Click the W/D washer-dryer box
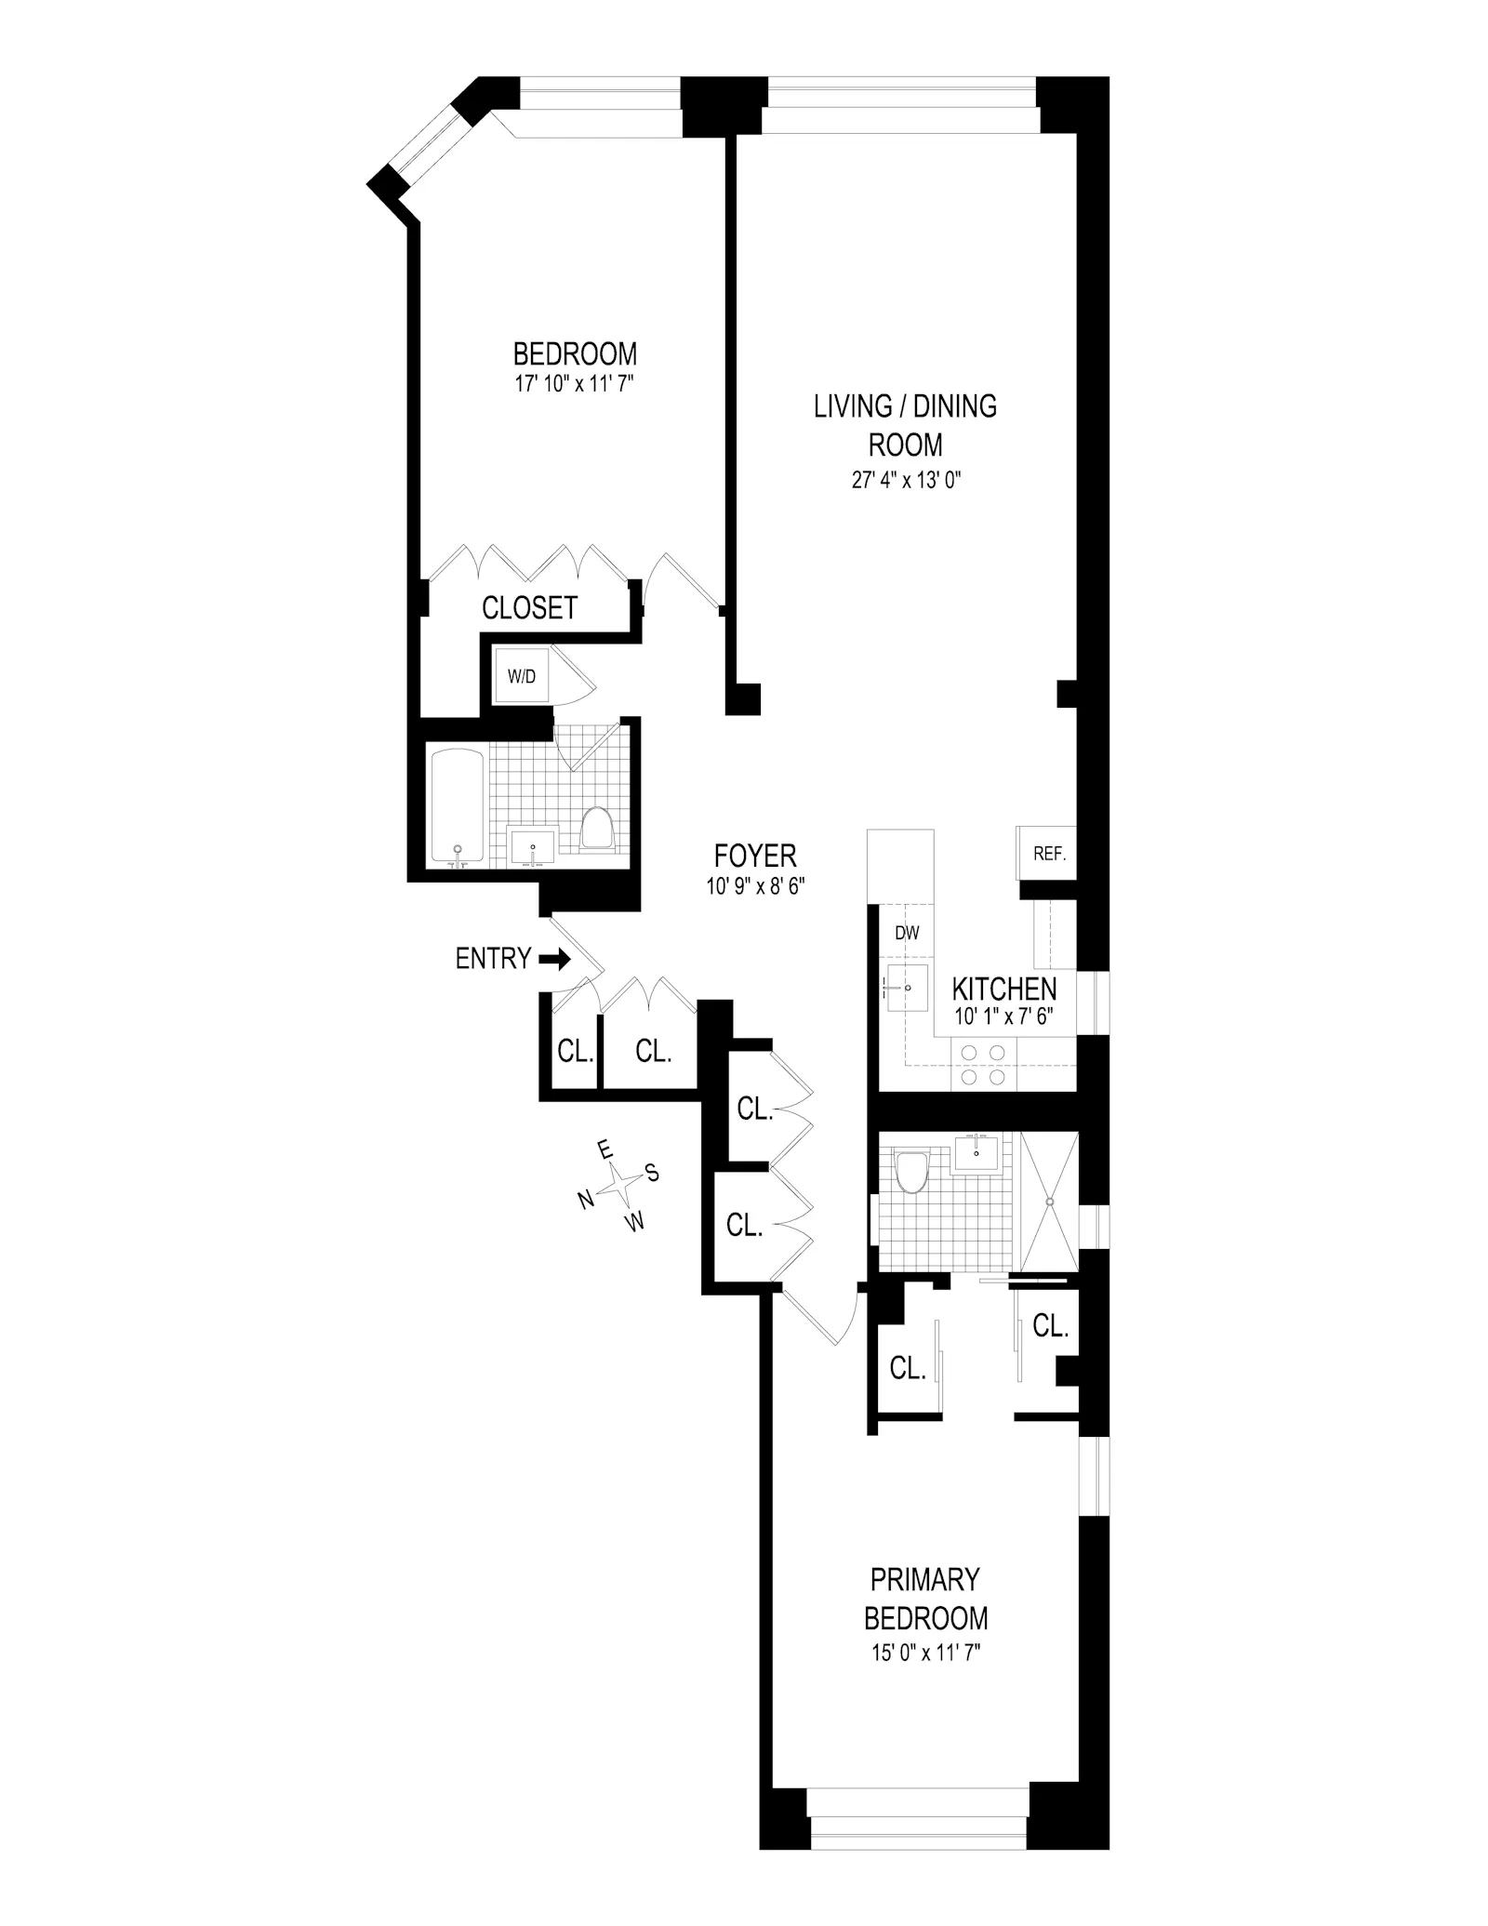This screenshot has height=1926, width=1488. pos(522,676)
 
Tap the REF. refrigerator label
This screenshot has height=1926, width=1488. pos(1049,853)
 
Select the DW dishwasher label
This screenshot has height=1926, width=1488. pos(907,933)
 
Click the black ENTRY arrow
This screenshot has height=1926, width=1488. pos(555,959)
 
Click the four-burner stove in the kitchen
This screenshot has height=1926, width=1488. pos(983,1064)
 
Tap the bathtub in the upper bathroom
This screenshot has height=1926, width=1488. pos(457,805)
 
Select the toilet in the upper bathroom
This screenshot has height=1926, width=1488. pos(597,827)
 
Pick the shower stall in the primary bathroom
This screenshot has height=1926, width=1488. pos(1050,1201)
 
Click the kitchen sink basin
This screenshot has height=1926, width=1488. pos(906,989)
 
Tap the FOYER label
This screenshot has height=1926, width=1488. pos(754,856)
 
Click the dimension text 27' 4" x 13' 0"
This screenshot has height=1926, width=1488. pos(905,481)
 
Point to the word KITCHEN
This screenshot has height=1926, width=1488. pos(1003,989)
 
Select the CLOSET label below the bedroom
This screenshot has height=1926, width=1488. pos(529,608)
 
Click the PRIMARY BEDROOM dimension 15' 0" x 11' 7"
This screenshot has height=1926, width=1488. pos(924,1653)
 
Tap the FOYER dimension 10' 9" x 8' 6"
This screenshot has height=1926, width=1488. pos(754,886)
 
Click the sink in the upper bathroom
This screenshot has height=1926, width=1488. pos(533,846)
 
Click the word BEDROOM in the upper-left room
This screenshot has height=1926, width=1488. pos(575,354)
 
